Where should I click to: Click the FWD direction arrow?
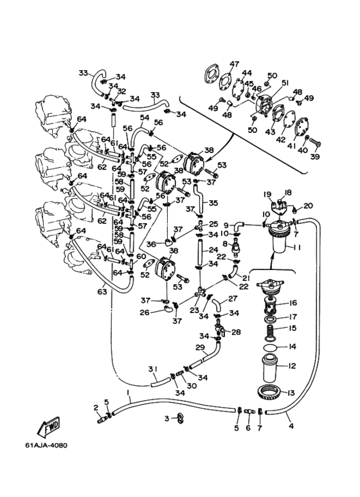[48, 427]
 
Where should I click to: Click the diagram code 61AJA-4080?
[46, 446]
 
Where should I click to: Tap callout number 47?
[234, 64]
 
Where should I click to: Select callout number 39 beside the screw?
[315, 156]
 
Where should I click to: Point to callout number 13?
[291, 393]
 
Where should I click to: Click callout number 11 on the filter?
[296, 247]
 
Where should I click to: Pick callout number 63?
[102, 292]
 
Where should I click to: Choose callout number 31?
[153, 369]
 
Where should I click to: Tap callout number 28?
[236, 332]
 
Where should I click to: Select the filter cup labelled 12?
[270, 368]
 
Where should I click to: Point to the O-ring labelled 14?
[270, 347]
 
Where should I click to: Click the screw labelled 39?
[314, 145]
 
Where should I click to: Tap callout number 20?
[308, 206]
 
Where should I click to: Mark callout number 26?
[145, 312]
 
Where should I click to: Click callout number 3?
[167, 419]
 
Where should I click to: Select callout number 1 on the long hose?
[129, 393]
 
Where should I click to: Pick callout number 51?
[285, 83]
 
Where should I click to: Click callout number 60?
[141, 257]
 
